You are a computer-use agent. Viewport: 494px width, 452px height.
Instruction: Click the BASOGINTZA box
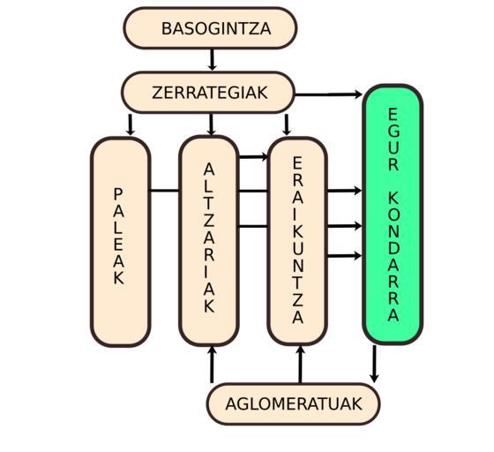[210, 28]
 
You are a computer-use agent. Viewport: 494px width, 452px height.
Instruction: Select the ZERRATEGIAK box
[208, 93]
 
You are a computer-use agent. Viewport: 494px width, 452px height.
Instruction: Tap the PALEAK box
[121, 242]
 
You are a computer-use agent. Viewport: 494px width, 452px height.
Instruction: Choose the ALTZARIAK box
[208, 241]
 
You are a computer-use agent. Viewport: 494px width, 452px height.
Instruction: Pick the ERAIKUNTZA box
[297, 241]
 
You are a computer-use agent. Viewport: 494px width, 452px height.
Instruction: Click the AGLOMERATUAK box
[293, 403]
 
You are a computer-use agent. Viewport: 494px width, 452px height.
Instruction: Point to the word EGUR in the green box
[393, 139]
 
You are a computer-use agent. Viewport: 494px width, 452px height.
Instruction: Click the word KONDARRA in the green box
[393, 256]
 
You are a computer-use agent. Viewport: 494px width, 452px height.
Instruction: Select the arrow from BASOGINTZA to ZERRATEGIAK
[212, 59]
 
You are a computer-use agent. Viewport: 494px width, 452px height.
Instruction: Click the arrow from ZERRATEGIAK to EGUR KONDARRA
[328, 94]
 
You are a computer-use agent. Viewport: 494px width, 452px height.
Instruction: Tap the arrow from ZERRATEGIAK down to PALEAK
[130, 124]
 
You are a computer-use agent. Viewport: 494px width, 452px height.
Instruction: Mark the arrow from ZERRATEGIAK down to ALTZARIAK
[211, 124]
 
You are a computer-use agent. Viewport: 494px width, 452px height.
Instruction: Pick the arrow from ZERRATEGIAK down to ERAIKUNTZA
[286, 124]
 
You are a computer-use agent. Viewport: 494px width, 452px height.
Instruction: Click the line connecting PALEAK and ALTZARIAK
[165, 191]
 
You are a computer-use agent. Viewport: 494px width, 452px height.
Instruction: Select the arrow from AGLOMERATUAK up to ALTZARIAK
[212, 365]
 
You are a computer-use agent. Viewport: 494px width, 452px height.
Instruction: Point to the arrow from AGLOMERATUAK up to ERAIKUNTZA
[300, 365]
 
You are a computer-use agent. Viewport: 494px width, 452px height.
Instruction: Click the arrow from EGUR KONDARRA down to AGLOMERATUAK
[374, 364]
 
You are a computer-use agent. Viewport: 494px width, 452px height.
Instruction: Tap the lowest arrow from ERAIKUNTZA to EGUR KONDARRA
[344, 256]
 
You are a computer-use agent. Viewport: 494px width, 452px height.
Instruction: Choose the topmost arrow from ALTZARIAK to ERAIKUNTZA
[253, 156]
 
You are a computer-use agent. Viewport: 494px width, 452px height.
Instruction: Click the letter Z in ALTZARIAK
[209, 221]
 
